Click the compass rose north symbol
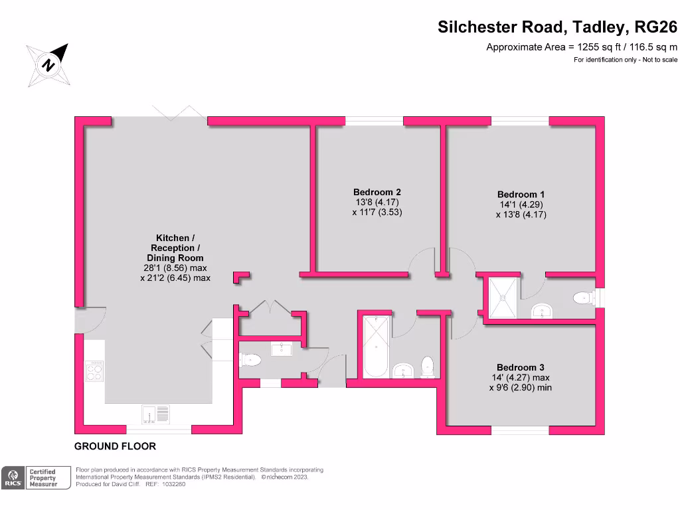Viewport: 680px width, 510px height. [48, 65]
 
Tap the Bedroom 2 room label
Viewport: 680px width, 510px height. [377, 192]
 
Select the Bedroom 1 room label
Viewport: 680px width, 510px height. [521, 195]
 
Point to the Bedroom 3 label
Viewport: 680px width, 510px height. [521, 367]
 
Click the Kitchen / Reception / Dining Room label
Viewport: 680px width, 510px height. [175, 248]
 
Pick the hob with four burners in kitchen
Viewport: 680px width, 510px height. [94, 371]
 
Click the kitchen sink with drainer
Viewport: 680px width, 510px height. [155, 414]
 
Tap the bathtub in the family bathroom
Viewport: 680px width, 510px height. [376, 347]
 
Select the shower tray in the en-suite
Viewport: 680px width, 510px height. [503, 298]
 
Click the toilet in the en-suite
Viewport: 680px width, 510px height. [584, 298]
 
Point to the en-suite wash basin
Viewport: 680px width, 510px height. [542, 311]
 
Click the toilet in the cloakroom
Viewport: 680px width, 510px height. [250, 360]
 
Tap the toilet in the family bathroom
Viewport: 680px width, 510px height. [428, 367]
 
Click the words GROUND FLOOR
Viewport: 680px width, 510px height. [115, 446]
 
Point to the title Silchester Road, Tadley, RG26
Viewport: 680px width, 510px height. [557, 27]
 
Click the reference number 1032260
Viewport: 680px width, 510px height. [173, 484]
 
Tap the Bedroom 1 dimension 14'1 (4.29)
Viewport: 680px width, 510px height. [521, 205]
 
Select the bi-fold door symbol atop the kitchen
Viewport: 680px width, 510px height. [179, 112]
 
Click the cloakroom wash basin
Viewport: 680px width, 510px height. [282, 349]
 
